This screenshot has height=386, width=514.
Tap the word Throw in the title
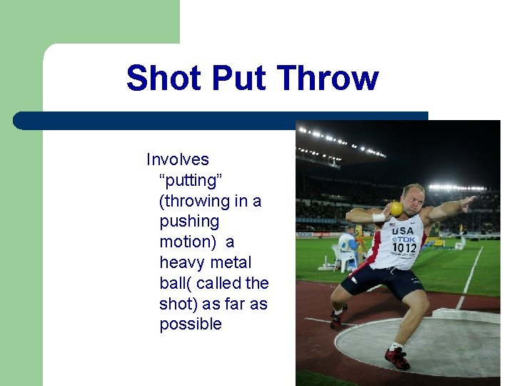tap(327, 78)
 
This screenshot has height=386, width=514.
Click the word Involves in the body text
tap(178, 159)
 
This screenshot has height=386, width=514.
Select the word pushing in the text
tap(189, 222)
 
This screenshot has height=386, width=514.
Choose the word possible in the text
tap(191, 324)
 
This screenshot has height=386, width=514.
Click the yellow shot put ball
tap(396, 208)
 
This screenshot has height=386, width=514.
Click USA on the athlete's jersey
tap(402, 231)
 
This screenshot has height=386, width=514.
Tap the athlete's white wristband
tap(378, 217)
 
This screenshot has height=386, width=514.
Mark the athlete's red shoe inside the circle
tap(397, 357)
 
